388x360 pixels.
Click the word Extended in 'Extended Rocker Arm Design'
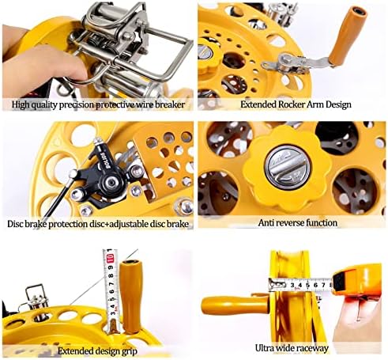point(258,104)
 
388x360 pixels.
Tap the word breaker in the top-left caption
point(170,104)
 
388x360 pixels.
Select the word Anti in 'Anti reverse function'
point(265,223)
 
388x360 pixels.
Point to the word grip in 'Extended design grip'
point(129,351)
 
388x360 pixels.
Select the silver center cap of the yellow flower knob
point(288,167)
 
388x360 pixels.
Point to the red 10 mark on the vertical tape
point(111,258)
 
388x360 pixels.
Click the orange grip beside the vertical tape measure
point(130,296)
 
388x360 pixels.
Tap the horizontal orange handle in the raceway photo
point(235,305)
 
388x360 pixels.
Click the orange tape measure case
point(357,281)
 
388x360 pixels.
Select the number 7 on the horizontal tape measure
point(323,285)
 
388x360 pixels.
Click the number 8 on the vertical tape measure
point(112,276)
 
